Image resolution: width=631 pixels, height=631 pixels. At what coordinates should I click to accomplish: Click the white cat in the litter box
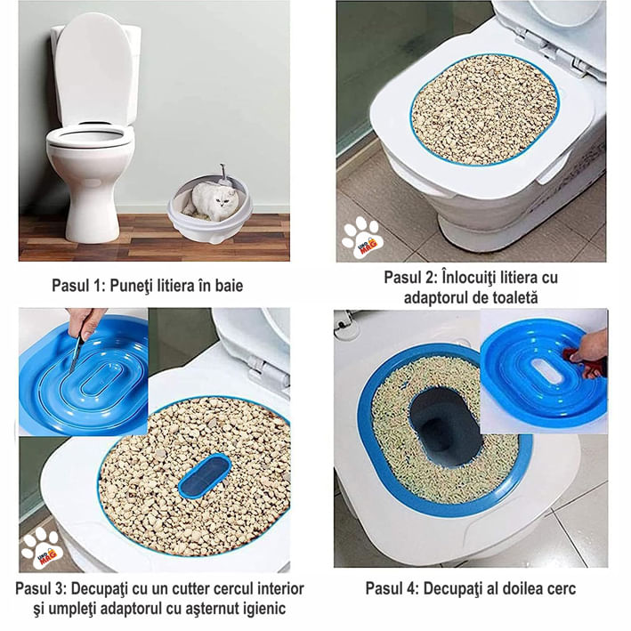tap(210, 200)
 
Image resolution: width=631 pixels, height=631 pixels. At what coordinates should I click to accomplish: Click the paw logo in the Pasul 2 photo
tap(362, 238)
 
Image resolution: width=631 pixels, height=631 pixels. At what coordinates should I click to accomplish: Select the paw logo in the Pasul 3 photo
tap(42, 546)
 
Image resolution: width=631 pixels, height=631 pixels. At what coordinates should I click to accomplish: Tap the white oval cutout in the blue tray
tap(547, 370)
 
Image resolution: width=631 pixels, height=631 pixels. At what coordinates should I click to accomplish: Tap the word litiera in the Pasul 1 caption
tap(170, 286)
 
